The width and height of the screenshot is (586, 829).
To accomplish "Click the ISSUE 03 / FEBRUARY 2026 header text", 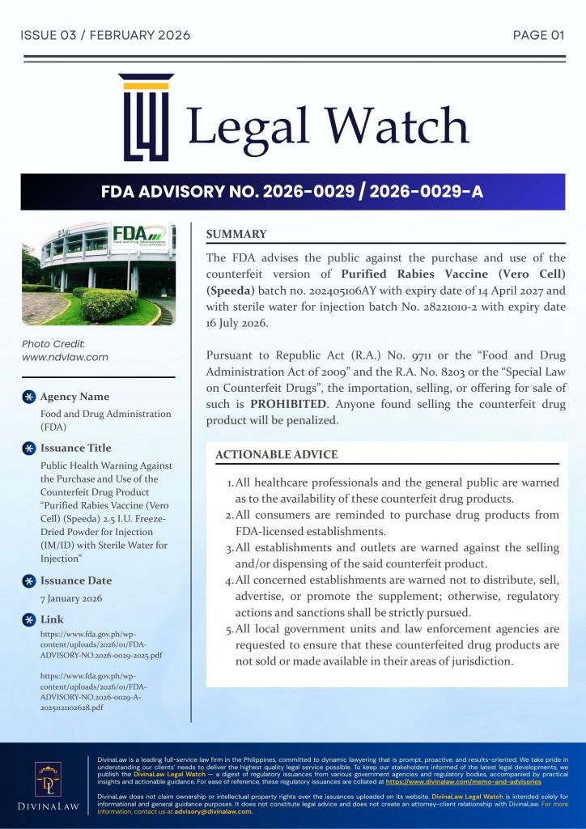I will pyautogui.click(x=105, y=35).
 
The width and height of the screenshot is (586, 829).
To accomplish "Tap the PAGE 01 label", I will pyautogui.click(x=538, y=35).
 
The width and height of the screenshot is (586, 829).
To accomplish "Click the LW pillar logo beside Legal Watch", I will pyautogui.click(x=146, y=117).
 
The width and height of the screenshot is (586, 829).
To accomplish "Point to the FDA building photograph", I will pyautogui.click(x=98, y=274).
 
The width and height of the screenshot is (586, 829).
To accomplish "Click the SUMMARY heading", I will pyautogui.click(x=236, y=235).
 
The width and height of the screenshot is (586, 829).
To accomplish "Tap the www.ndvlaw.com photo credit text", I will pyautogui.click(x=65, y=357).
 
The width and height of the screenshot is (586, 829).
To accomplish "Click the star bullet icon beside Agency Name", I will pyautogui.click(x=28, y=397).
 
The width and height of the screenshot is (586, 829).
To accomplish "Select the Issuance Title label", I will pyautogui.click(x=76, y=448).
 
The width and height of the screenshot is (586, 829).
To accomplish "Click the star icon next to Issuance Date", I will pyautogui.click(x=28, y=580).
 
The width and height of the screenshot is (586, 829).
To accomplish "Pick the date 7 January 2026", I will pyautogui.click(x=71, y=598).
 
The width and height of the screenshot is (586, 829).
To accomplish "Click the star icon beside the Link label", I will pyautogui.click(x=28, y=619).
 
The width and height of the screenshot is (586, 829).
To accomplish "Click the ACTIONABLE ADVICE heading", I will pyautogui.click(x=277, y=455).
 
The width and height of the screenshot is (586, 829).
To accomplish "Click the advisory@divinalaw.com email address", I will pyautogui.click(x=214, y=812).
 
